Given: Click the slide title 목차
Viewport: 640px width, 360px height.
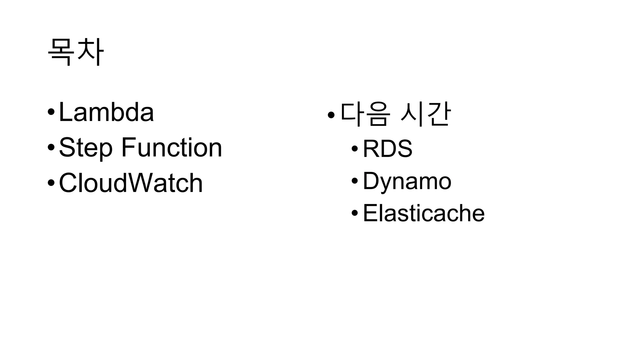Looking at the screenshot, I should click(x=75, y=52).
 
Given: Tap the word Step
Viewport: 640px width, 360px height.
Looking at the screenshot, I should click(x=85, y=147).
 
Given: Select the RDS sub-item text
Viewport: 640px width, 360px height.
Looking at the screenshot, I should click(x=387, y=148).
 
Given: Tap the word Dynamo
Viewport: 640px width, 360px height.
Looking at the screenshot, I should click(x=407, y=181).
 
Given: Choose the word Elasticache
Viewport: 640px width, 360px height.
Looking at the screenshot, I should click(x=423, y=213).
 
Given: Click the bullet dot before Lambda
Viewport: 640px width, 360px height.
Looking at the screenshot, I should click(x=51, y=112).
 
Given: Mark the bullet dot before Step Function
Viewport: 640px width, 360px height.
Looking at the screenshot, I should click(x=51, y=147).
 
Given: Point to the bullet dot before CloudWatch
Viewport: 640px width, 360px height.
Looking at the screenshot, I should click(x=51, y=183).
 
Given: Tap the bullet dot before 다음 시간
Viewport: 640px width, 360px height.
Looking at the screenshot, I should click(x=331, y=115).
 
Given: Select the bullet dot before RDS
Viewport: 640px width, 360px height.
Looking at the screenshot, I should click(x=355, y=149).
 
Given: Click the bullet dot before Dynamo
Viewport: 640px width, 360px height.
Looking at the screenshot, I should click(x=355, y=181).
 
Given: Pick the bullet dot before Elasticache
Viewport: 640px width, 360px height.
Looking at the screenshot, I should click(x=355, y=213).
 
